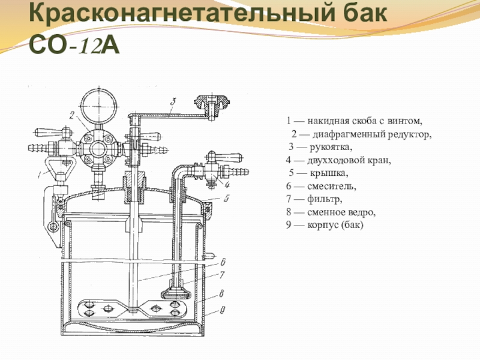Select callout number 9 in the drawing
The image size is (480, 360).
coord(222,311)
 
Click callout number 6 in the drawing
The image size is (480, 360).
coord(222,262)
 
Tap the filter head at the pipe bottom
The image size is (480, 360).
coord(175,292)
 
